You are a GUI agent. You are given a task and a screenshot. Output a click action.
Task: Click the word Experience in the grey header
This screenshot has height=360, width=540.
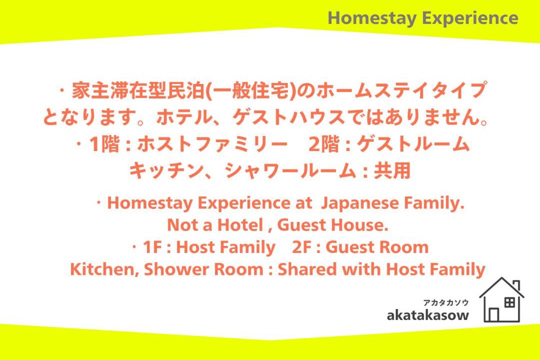(470, 18)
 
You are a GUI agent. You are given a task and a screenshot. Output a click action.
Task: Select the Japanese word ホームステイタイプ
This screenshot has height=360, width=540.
(401, 90)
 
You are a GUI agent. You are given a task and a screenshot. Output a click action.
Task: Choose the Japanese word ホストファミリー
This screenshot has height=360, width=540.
(212, 144)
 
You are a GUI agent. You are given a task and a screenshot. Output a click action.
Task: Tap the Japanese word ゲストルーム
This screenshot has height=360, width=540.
(413, 144)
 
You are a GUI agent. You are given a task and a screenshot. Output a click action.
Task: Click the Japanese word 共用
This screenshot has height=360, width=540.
(392, 170)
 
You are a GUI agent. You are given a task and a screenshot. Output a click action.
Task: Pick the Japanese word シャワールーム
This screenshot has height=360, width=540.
(290, 170)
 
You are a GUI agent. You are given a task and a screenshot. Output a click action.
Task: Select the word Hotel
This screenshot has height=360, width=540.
(240, 225)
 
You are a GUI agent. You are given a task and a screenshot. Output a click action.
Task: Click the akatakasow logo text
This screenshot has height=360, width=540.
(427, 315)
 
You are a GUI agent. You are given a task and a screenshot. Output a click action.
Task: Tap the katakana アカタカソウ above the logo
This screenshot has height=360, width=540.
(445, 303)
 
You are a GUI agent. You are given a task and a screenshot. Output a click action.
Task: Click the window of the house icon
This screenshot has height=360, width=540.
(509, 303)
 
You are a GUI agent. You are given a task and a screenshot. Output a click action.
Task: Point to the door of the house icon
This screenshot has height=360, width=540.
(494, 314)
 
